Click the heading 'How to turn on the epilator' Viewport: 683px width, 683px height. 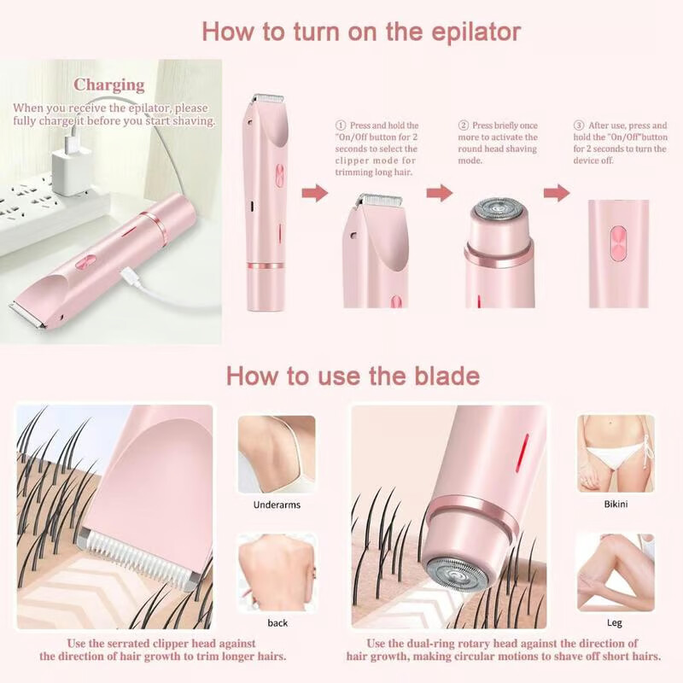[360, 32]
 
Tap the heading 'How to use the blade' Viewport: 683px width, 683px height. [352, 376]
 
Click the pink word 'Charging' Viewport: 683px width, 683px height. [108, 85]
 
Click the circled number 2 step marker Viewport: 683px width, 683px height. [464, 125]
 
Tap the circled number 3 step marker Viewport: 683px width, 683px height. [578, 125]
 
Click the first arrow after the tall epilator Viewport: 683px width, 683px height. [315, 194]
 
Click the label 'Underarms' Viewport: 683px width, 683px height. [277, 505]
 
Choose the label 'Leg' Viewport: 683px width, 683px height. [615, 622]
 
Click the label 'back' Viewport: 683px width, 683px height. [277, 622]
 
